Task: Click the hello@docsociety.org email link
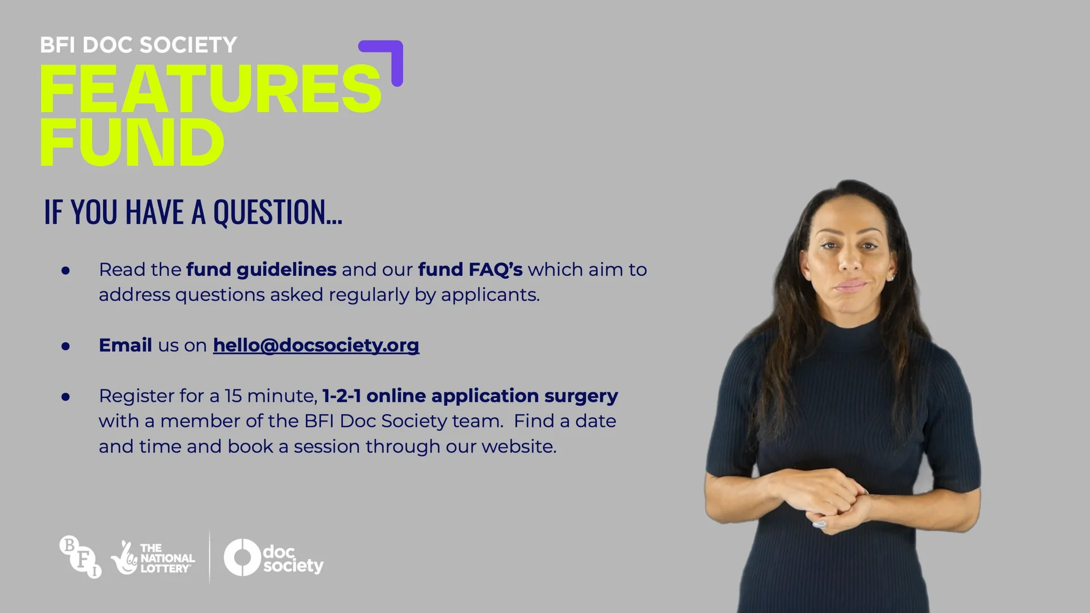tap(316, 345)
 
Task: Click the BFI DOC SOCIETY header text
tap(139, 45)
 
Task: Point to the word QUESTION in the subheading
tap(277, 212)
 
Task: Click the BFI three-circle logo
tap(81, 557)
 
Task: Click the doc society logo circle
tap(242, 557)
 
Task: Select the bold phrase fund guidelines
tap(261, 270)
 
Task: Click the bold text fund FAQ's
tap(470, 270)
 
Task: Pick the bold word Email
tap(125, 345)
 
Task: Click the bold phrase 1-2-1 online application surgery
tap(470, 396)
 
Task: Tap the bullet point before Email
tap(66, 346)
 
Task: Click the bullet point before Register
tap(66, 396)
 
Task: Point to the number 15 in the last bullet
tap(233, 396)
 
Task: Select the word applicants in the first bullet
tap(489, 295)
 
